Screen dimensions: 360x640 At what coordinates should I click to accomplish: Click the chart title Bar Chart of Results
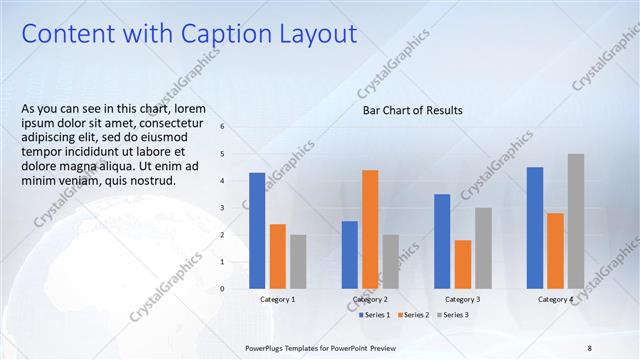pyautogui.click(x=412, y=110)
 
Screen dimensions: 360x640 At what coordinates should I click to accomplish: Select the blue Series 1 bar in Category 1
pyautogui.click(x=257, y=230)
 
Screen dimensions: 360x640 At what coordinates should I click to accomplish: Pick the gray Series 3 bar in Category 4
pyautogui.click(x=575, y=221)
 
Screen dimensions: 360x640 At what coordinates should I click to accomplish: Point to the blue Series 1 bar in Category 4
pyautogui.click(x=535, y=227)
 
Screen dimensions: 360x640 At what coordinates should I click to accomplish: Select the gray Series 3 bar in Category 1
pyautogui.click(x=298, y=261)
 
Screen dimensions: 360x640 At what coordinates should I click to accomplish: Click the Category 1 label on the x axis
pyautogui.click(x=277, y=299)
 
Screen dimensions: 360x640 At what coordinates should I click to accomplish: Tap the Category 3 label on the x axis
pyautogui.click(x=462, y=299)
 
